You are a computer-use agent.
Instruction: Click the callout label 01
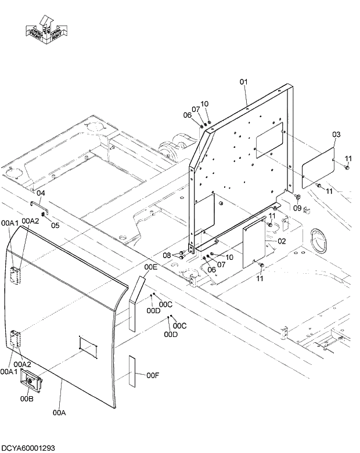coord(244,82)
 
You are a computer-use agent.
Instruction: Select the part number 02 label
coord(281,241)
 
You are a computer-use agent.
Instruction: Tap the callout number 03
coord(336,135)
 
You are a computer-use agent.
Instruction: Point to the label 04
coord(41,193)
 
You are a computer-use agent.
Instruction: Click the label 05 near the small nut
coord(55,226)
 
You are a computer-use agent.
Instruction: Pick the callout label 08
coord(167,255)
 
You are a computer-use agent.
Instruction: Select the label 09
coord(297,208)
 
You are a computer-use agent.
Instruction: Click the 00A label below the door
coord(59,413)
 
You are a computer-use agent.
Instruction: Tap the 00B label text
coord(27,398)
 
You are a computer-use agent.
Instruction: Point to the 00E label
coord(151,267)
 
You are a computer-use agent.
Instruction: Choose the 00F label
coord(153,376)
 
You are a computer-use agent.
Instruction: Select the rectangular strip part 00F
coord(132,372)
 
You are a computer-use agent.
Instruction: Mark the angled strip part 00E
coord(135,303)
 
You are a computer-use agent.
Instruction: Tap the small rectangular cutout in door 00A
coord(88,346)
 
